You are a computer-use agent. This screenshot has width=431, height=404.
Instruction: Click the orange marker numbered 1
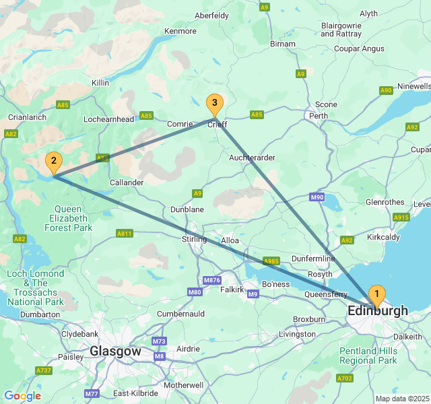377,294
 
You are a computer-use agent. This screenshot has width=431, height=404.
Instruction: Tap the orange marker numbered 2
53,162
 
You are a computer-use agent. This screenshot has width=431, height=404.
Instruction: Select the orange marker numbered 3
214,104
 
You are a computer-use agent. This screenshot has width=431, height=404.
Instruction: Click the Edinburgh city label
378,311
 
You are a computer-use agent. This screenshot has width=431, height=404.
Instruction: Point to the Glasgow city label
115,351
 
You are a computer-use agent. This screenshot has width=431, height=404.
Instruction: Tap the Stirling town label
195,240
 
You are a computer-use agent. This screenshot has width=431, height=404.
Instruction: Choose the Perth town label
318,116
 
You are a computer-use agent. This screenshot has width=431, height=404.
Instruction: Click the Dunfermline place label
313,259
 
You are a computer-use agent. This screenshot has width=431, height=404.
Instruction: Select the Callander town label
127,182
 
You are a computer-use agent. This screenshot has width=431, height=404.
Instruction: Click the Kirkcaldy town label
384,238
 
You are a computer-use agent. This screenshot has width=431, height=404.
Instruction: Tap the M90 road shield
318,197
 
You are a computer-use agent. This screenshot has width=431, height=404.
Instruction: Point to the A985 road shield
271,261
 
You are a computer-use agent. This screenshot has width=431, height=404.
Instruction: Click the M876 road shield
211,280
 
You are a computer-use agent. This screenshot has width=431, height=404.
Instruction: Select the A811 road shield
124,234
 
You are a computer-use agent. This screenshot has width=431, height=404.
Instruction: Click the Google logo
22,396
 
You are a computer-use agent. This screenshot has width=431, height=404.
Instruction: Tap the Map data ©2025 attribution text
402,399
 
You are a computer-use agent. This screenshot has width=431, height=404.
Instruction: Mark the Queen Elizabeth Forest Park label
69,218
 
